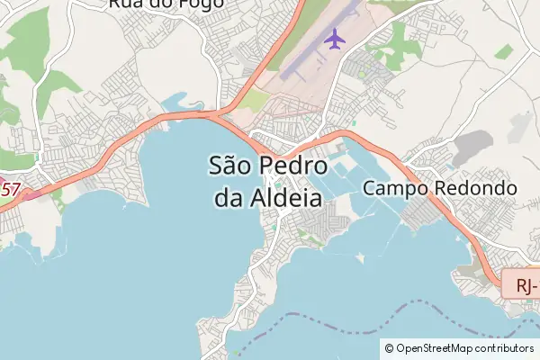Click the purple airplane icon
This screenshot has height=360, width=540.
point(334,40)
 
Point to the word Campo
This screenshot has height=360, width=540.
point(397,189)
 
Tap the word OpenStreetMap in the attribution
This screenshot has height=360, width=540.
point(435,347)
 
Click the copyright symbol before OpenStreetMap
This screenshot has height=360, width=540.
point(389,347)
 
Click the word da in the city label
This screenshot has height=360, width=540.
point(229,197)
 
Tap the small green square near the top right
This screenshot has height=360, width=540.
point(503,52)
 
